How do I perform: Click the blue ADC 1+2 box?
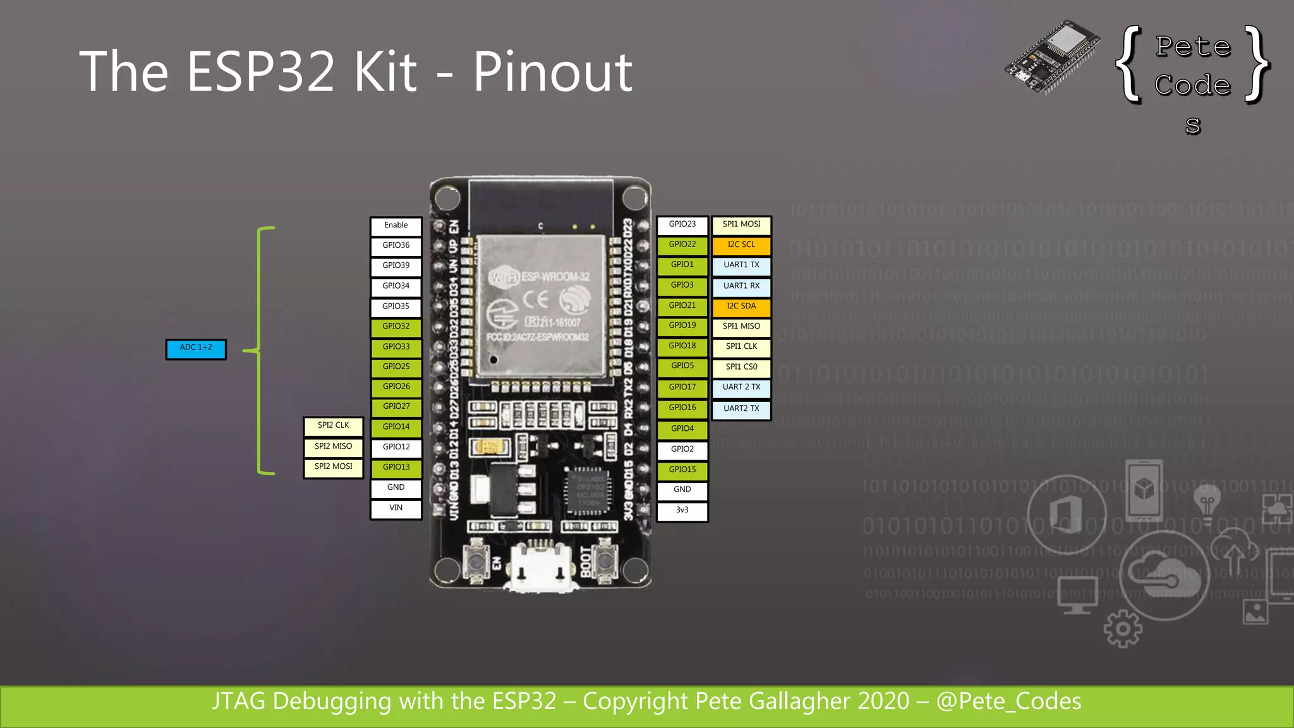[x=196, y=349]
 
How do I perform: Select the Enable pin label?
[x=396, y=226]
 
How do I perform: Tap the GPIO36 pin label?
[x=396, y=246]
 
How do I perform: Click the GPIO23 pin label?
[x=682, y=225]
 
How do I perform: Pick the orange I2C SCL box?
[x=741, y=245]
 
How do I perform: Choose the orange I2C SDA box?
[x=741, y=306]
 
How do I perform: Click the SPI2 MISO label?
[x=334, y=447]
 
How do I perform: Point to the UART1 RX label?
[x=741, y=286]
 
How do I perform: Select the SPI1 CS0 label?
[x=741, y=367]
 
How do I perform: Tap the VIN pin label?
[x=396, y=508]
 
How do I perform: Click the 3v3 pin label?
[x=682, y=511]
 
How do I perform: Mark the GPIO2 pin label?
[x=682, y=449]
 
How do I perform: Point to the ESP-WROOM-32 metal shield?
[x=540, y=306]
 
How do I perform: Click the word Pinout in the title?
[x=552, y=72]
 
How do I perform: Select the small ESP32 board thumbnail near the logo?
[x=1051, y=57]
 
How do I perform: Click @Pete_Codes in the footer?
[x=1008, y=701]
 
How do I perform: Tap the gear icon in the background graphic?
[x=1123, y=629]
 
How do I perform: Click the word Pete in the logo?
[x=1193, y=47]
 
